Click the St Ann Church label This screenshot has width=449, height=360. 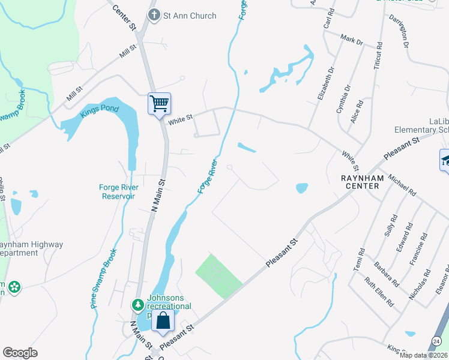click(190, 16)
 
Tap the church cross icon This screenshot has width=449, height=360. click(154, 16)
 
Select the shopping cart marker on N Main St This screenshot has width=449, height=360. click(160, 104)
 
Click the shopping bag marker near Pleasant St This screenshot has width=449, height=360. click(163, 321)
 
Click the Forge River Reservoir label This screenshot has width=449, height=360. click(118, 191)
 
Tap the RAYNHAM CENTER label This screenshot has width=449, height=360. click(360, 182)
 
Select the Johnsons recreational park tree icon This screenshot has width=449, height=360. click(138, 305)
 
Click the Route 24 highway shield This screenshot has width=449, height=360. click(436, 341)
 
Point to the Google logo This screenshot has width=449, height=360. click(20, 353)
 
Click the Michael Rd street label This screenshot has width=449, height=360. click(402, 185)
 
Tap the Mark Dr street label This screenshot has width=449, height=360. click(352, 40)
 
